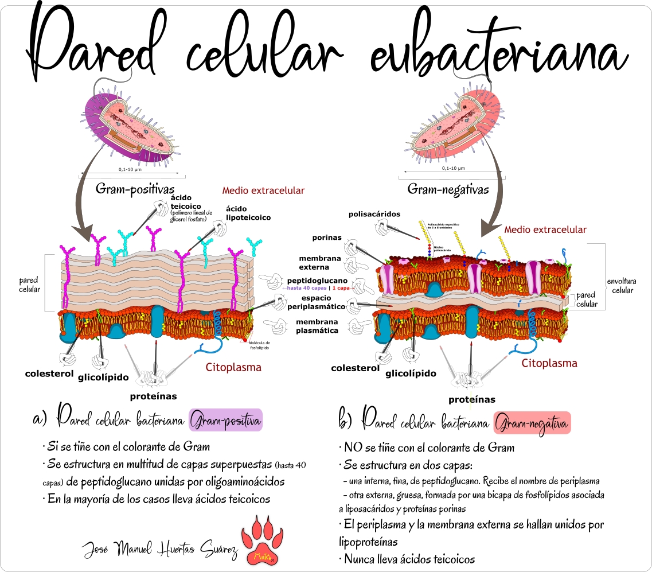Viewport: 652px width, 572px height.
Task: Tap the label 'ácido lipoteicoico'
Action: pyautogui.click(x=248, y=213)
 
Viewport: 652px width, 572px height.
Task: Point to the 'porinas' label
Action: pyautogui.click(x=327, y=238)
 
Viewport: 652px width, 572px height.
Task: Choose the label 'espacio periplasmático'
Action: pyautogui.click(x=322, y=302)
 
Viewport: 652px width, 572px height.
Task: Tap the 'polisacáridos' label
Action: pyautogui.click(x=374, y=214)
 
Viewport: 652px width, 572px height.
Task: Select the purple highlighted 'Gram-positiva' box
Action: pyautogui.click(x=225, y=421)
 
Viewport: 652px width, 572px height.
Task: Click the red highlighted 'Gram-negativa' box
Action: pyautogui.click(x=532, y=424)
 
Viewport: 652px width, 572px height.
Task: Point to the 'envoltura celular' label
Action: pyautogui.click(x=622, y=286)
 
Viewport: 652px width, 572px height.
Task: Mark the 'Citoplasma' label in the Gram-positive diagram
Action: pyautogui.click(x=233, y=367)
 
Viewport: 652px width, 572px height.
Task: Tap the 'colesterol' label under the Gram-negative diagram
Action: pyautogui.click(x=356, y=368)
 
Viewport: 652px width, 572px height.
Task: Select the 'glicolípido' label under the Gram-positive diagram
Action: pyautogui.click(x=118, y=378)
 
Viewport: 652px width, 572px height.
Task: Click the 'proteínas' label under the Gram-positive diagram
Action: pyautogui.click(x=153, y=396)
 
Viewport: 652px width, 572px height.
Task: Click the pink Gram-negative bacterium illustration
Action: pyautogui.click(x=459, y=120)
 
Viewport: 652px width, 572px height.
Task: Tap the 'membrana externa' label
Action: pyautogui.click(x=319, y=263)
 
